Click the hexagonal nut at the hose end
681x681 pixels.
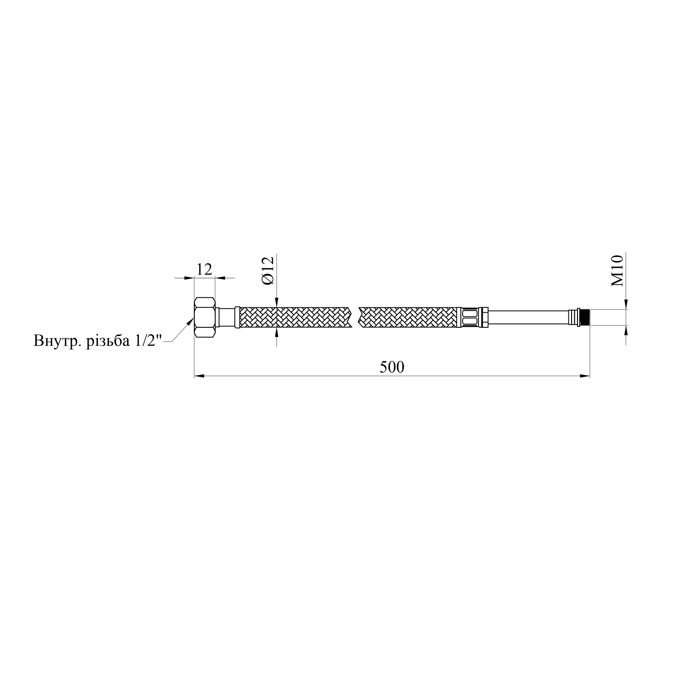[205, 317]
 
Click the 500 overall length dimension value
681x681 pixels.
[392, 367]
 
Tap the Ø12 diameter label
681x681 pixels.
[267, 271]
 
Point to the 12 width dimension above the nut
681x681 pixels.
[205, 269]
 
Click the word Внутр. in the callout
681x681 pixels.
[58, 341]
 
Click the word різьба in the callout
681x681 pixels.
[109, 341]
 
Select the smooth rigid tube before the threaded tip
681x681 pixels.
[528, 317]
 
